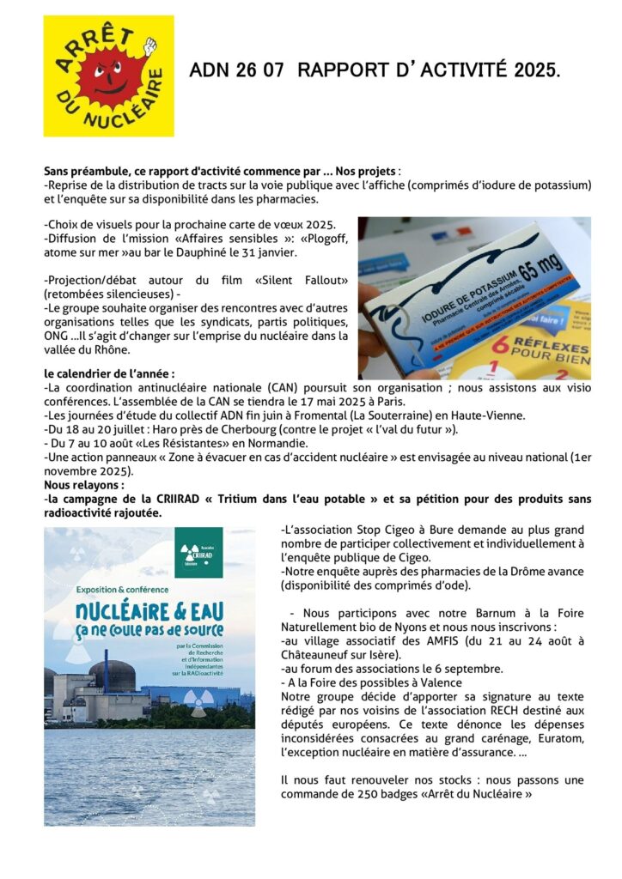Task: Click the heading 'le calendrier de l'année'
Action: pos(109,373)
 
